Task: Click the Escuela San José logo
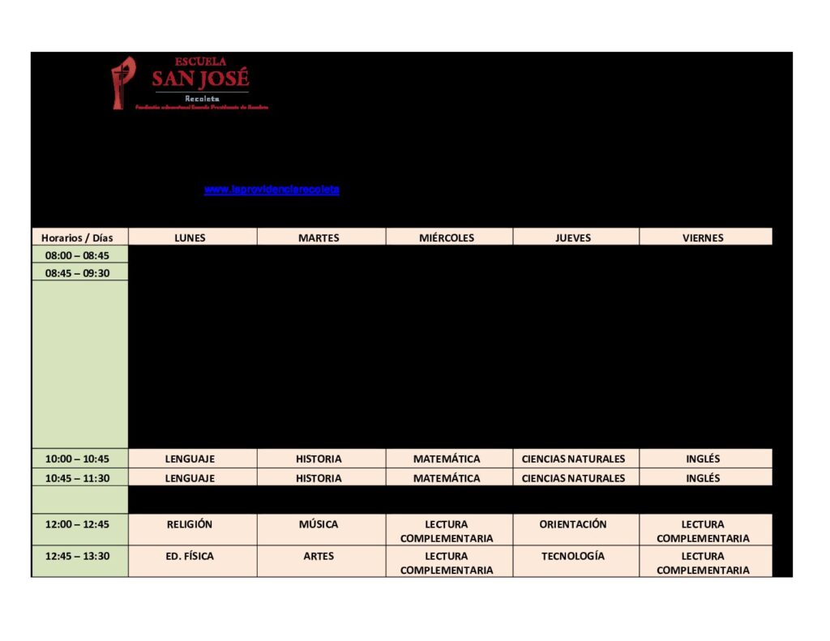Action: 189,83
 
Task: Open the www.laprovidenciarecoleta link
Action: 272,190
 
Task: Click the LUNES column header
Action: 190,237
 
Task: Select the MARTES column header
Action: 319,237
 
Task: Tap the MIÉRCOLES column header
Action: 447,237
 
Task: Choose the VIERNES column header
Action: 703,237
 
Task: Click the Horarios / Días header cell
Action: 77,237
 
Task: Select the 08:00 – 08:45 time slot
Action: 77,255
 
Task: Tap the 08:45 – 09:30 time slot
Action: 77,273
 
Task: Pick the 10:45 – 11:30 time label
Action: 77,478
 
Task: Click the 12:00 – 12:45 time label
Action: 77,524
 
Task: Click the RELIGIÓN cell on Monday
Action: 190,524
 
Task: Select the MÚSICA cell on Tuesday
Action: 319,524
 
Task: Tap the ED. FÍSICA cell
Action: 190,557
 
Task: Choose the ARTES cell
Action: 319,557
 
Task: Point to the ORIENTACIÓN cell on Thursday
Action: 573,524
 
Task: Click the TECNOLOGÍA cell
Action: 573,557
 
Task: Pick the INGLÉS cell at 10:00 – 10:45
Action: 703,459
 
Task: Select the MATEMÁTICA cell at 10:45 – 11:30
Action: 447,478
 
